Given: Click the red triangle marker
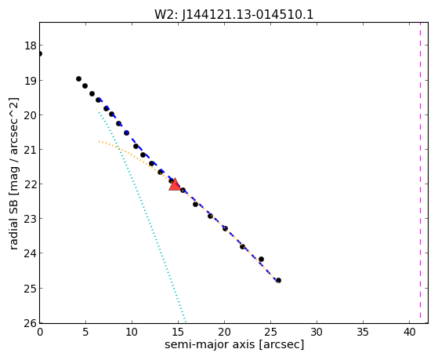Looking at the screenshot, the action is click(x=175, y=184).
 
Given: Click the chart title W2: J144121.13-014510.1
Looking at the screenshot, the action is click(x=233, y=14).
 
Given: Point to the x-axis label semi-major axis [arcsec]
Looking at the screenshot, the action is click(x=234, y=344).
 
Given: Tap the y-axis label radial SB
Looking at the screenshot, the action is click(x=14, y=222).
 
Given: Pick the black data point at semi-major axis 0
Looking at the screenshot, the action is click(x=40, y=53).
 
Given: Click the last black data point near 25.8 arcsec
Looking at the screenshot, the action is click(x=278, y=280).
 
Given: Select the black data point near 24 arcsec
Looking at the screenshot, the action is click(x=261, y=260).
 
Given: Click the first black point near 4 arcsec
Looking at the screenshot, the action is click(x=79, y=79).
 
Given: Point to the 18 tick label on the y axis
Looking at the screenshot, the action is click(x=31, y=45).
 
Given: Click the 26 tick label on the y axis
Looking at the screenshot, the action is click(x=31, y=323).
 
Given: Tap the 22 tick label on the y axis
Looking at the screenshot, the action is click(x=31, y=184).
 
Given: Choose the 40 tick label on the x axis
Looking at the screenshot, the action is click(x=410, y=332).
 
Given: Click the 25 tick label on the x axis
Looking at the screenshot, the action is click(x=270, y=332).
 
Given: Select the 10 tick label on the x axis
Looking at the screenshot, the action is click(x=132, y=332).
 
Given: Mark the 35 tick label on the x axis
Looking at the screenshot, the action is click(x=363, y=332).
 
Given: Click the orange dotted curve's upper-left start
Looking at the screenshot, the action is click(x=99, y=141).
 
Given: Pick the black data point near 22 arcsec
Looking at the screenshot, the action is click(x=242, y=246).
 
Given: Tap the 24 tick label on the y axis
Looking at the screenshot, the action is click(x=31, y=253).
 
